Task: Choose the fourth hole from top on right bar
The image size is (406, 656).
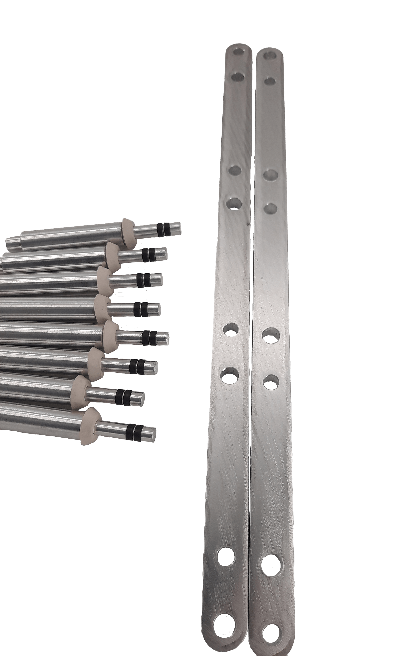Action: (270, 208)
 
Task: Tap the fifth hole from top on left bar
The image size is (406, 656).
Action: (231, 329)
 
